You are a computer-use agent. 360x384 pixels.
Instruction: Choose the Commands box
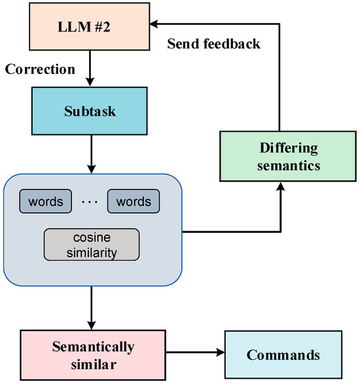(283, 355)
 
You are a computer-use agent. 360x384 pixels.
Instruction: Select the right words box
(134, 201)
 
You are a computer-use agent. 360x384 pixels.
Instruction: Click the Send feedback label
(214, 45)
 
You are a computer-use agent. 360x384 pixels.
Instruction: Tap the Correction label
(41, 68)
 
